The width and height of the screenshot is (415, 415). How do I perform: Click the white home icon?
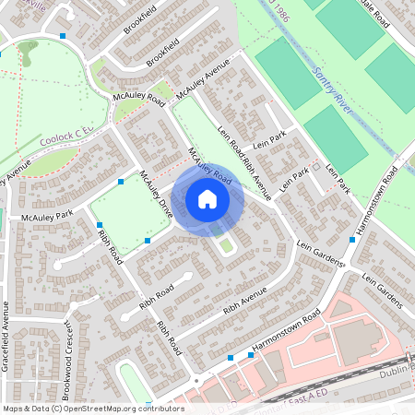coord(207,199)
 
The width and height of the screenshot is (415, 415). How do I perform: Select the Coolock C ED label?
coord(67,139)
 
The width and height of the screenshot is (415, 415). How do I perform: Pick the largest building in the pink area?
coord(361,341)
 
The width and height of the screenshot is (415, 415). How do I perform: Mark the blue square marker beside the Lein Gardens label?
coord(352,240)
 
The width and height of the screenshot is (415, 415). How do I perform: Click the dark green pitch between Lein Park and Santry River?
coord(335,138)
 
